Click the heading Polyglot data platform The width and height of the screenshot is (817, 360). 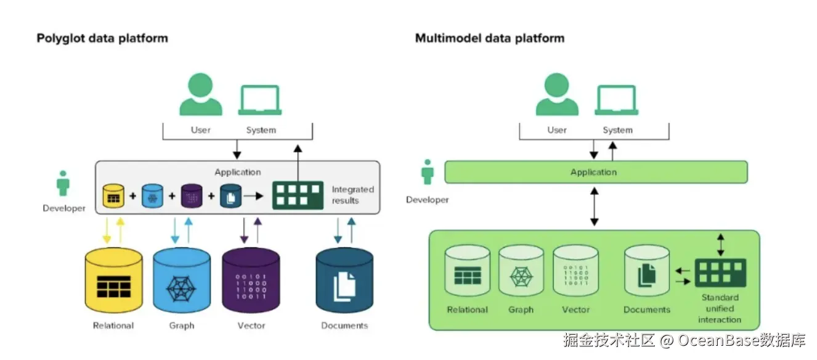coord(102,38)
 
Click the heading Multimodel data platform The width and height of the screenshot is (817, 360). coord(489,38)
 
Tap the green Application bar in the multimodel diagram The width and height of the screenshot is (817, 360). coord(595,172)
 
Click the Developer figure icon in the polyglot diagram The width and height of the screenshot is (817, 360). coord(63,183)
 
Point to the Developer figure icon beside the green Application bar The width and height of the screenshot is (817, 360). coord(428,172)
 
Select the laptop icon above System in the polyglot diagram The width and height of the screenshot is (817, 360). coord(260,100)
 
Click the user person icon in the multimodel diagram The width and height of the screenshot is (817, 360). coord(557,95)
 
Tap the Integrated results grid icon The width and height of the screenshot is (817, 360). coord(298,195)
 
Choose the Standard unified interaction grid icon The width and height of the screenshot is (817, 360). coord(720,272)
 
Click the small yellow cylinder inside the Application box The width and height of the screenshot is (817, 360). coord(113,195)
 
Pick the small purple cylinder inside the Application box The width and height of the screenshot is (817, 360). coord(191,195)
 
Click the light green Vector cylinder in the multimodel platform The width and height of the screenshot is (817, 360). coord(575,271)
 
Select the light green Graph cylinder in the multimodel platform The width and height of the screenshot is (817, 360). coord(521,271)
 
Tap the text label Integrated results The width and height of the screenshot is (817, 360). coord(352,195)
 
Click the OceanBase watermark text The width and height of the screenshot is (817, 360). coord(684,340)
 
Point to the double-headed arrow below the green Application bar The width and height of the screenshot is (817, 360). coord(594,207)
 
